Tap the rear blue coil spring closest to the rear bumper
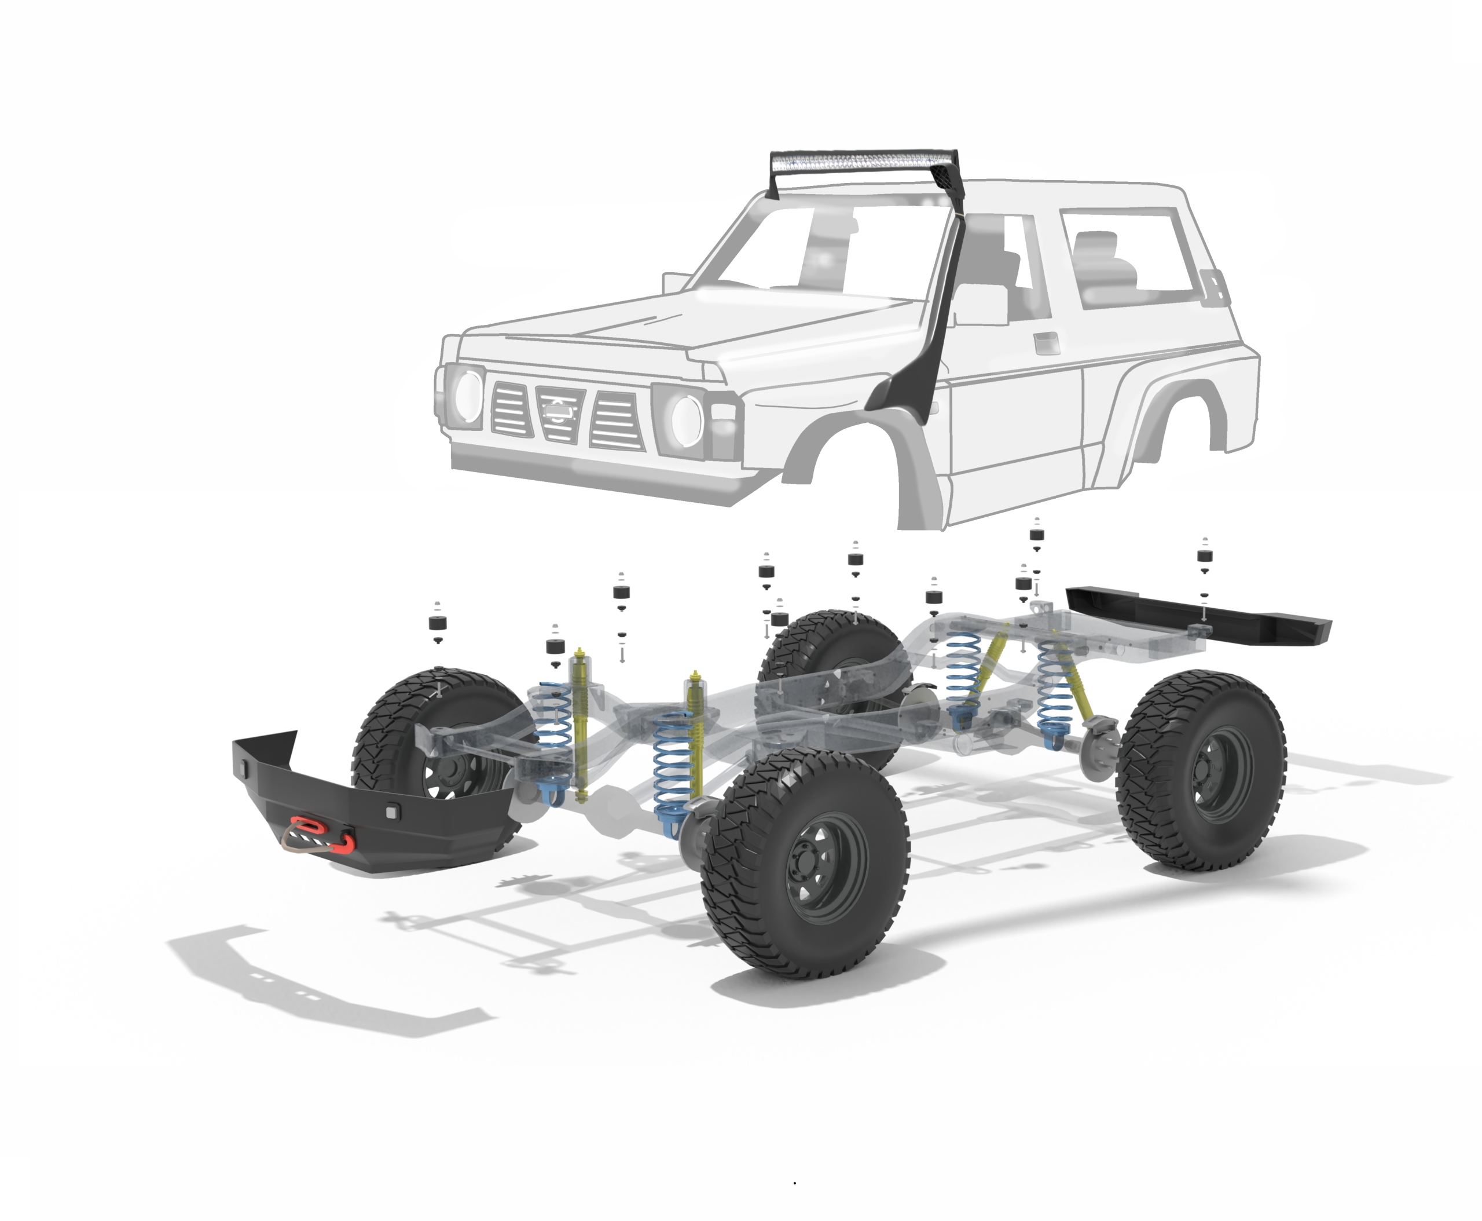(x=1057, y=686)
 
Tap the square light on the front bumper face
(x=391, y=811)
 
